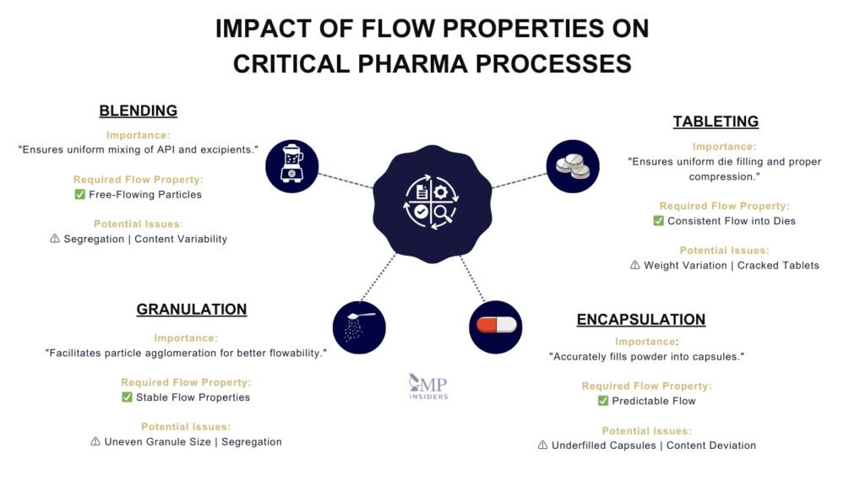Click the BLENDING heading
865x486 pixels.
tap(138, 111)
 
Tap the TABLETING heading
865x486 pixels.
tap(715, 121)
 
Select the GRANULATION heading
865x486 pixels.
tap(192, 310)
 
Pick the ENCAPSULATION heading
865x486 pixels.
tap(640, 320)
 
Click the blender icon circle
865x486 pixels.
tap(292, 166)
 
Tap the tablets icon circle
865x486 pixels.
tap(573, 166)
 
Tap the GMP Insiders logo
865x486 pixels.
tap(428, 386)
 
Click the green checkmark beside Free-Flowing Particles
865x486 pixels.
tap(79, 194)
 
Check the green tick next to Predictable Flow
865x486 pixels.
tap(603, 401)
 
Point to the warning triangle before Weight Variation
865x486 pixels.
tap(635, 265)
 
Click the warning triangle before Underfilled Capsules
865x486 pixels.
tap(543, 445)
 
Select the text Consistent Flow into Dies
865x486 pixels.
tap(732, 221)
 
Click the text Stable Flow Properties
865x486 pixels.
tap(193, 397)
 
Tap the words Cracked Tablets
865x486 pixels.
tap(778, 265)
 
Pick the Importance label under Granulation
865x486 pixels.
tap(185, 337)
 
